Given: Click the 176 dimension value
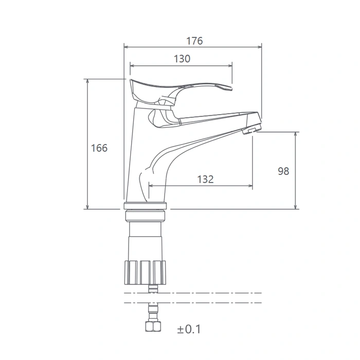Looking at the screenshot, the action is (194, 41).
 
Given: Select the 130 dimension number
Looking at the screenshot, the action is (182, 59).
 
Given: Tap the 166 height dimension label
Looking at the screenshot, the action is (99, 148).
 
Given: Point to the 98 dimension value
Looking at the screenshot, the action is (283, 171).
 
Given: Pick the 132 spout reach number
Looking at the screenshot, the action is (206, 179).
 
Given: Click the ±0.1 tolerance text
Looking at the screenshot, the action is (189, 329).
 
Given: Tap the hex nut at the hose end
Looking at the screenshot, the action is (153, 326).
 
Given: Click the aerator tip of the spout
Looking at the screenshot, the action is (252, 128).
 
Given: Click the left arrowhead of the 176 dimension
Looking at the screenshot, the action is (126, 47).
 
